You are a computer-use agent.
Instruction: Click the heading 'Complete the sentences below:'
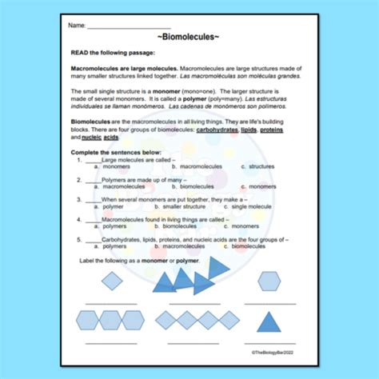tap(116, 153)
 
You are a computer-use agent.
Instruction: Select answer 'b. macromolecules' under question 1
tap(189, 166)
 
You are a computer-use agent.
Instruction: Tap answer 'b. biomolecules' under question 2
tap(186, 186)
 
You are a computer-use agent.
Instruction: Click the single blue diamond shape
tap(112, 281)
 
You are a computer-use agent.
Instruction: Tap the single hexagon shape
tap(269, 281)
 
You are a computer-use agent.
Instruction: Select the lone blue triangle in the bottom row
tap(269, 321)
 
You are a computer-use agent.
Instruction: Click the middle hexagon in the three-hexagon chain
tap(112, 321)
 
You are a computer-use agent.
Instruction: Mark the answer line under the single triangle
tap(269, 342)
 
